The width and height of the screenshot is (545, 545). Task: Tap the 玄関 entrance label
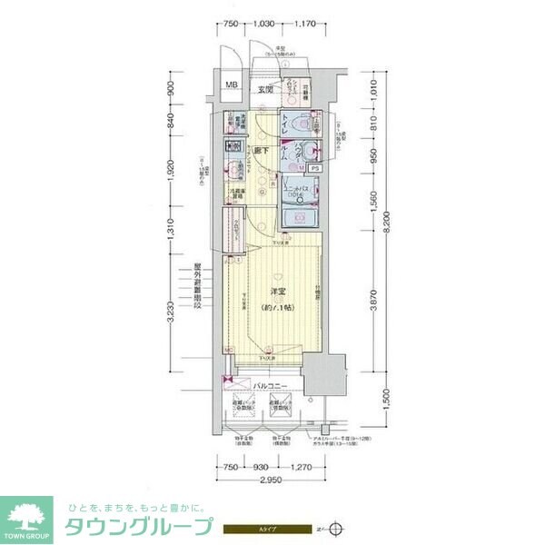coord(265,89)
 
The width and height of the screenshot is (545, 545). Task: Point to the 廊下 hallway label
coord(261,151)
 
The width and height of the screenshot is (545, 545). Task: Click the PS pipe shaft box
coord(314,168)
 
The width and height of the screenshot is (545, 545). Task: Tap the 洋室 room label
coord(280,292)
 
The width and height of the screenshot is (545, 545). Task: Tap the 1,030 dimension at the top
coord(263,24)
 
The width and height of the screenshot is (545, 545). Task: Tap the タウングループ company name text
coord(136,527)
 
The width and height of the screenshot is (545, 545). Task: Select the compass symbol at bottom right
coord(339,527)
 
